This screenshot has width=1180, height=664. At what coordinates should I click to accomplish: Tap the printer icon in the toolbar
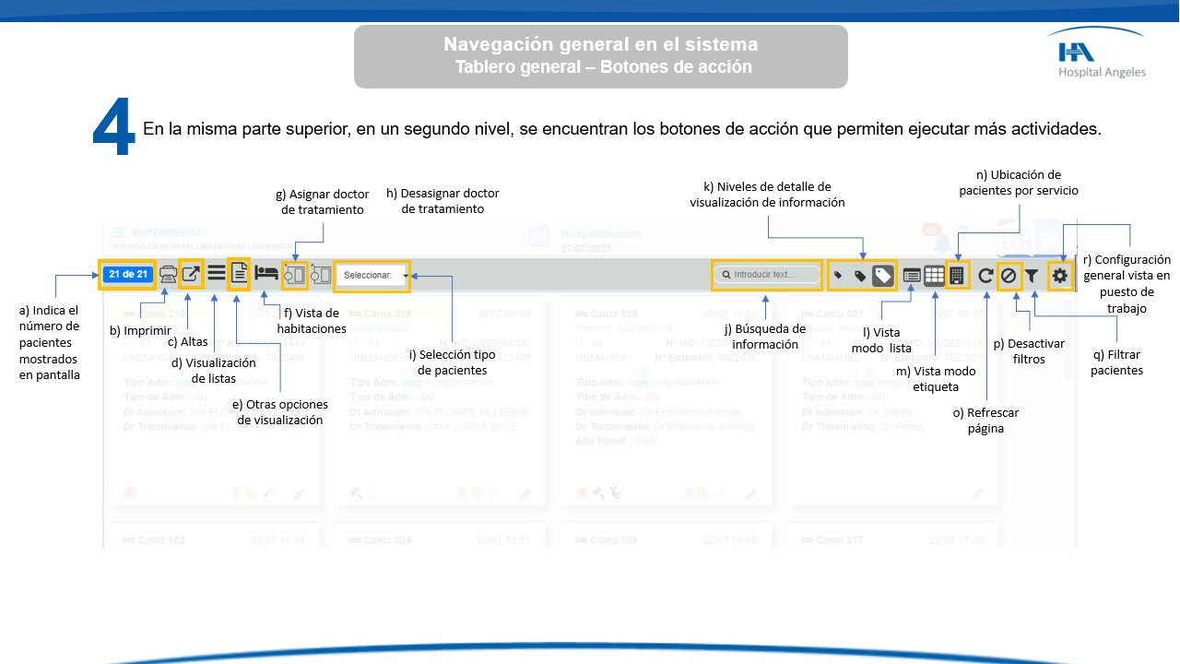tap(169, 274)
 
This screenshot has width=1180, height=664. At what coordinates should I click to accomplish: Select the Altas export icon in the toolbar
tap(191, 274)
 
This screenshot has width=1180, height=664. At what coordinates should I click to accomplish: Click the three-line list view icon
tap(216, 273)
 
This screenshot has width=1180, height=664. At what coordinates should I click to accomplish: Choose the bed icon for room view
tap(266, 273)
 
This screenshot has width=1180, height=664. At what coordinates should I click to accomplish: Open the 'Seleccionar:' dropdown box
tap(372, 275)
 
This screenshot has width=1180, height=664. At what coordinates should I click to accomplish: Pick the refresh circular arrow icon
tap(985, 275)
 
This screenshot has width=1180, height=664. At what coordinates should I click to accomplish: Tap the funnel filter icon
tap(1032, 275)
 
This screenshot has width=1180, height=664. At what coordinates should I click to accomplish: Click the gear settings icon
tap(1060, 275)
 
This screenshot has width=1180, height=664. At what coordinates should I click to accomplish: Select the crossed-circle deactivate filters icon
tap(1009, 275)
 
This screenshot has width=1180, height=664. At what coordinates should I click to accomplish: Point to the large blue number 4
tap(114, 128)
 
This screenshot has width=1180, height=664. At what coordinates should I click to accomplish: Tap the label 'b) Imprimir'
tap(140, 330)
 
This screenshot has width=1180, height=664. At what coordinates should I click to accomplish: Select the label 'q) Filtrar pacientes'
tap(1116, 362)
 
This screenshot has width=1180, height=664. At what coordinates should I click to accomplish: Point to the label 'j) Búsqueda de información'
tap(764, 337)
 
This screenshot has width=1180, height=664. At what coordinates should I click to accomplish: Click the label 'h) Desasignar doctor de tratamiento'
tap(442, 201)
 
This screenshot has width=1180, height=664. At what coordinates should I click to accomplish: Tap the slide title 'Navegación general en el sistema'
tap(601, 44)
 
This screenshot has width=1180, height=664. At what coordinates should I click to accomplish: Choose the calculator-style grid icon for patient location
tap(957, 275)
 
